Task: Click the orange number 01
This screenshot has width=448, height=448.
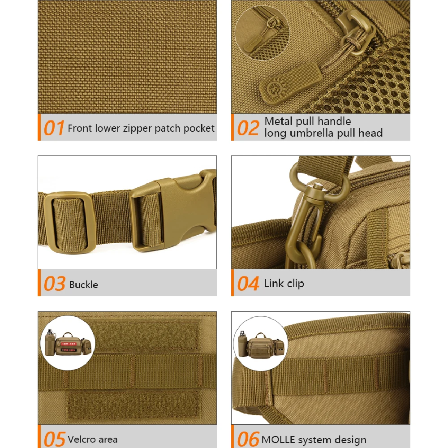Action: [x=54, y=128]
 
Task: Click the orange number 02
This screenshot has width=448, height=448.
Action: [x=248, y=128]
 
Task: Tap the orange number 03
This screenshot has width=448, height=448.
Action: [x=54, y=284]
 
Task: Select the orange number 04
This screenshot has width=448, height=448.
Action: [x=248, y=284]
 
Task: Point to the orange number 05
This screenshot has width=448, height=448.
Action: [x=54, y=439]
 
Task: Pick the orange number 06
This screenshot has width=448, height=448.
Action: [x=248, y=439]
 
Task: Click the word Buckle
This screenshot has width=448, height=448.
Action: [x=83, y=284]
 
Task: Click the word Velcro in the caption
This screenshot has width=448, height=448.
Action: [x=82, y=439]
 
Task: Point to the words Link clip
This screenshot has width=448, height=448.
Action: [x=284, y=284]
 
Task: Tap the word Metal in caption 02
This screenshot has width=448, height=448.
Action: [x=279, y=121]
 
